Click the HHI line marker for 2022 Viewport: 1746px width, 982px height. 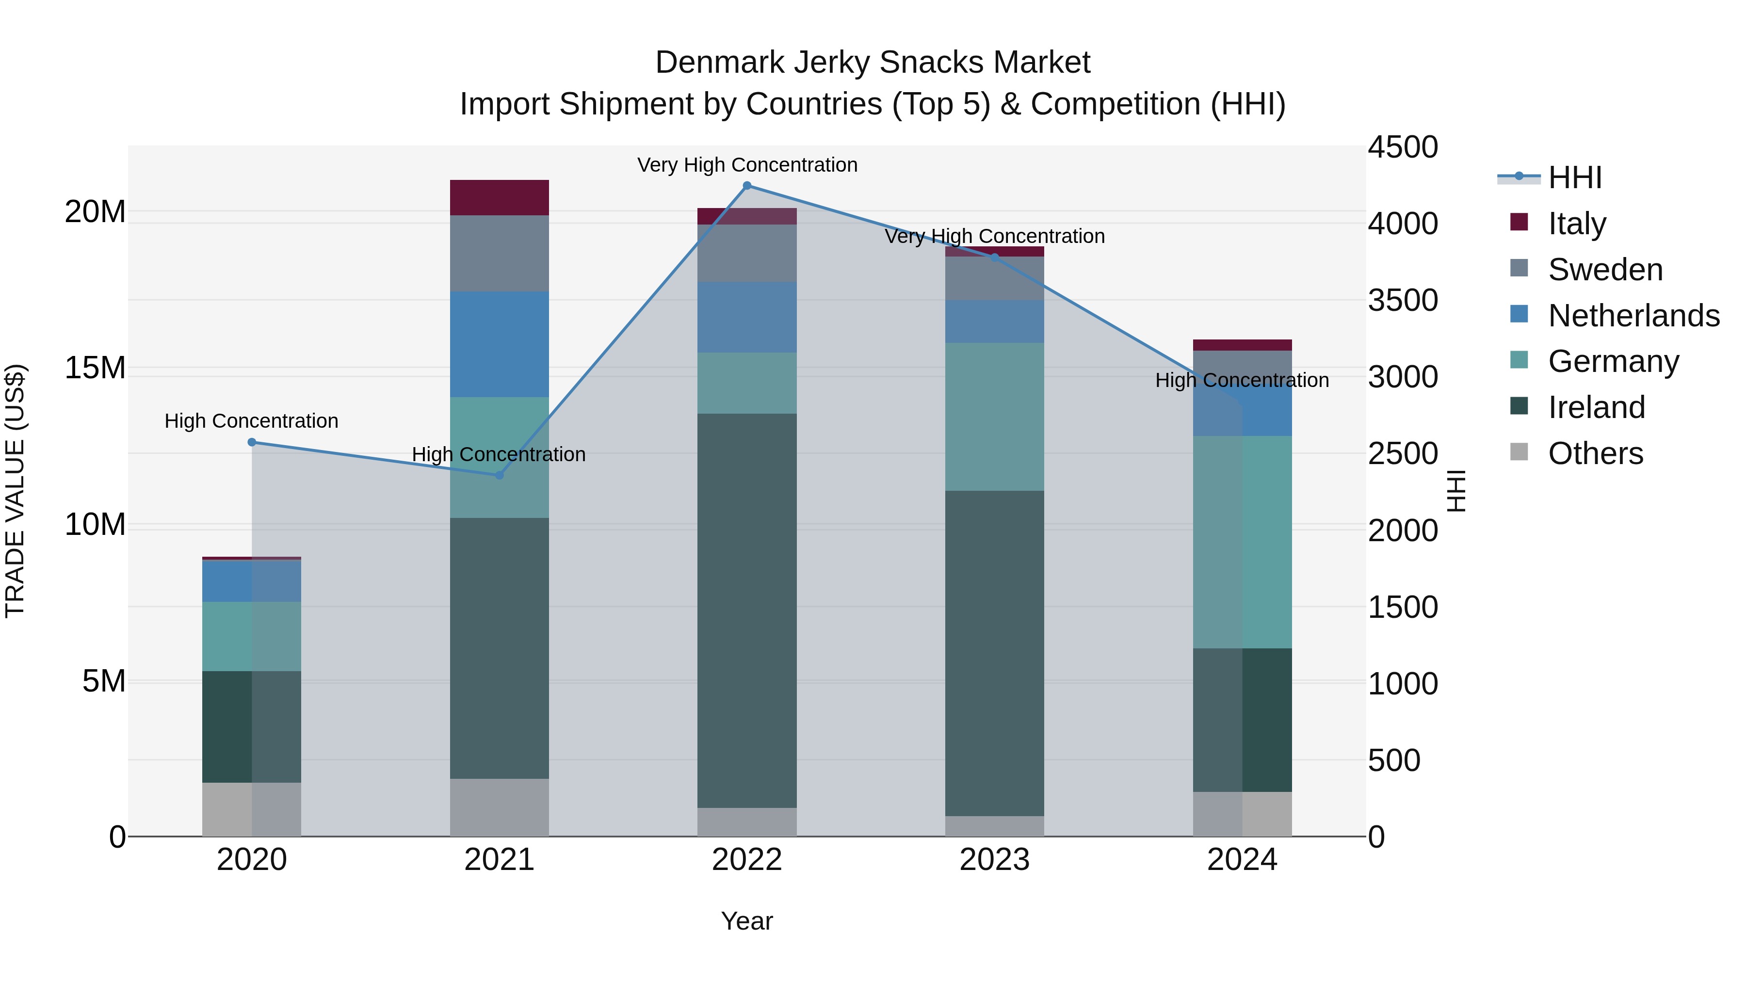tap(747, 186)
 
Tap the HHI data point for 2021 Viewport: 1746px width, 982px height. tap(500, 475)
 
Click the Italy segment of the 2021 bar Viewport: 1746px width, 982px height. tap(500, 198)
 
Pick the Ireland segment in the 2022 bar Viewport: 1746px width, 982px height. tap(747, 610)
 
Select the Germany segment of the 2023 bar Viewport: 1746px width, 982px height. tap(994, 417)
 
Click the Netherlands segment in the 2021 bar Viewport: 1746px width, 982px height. tap(500, 344)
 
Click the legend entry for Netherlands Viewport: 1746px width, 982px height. tap(1633, 316)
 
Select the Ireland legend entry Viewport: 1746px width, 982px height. tap(1596, 407)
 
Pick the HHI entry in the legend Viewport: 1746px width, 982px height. tap(1574, 177)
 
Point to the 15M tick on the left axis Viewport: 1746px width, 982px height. tap(95, 368)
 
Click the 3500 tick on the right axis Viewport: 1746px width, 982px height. tap(1402, 300)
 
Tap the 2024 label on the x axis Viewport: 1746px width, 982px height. tap(1242, 860)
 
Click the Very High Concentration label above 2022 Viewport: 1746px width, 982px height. tap(747, 165)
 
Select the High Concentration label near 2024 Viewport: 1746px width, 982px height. tap(1242, 380)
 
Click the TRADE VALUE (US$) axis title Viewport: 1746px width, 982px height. tap(15, 491)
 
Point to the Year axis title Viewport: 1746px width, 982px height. tap(747, 921)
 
